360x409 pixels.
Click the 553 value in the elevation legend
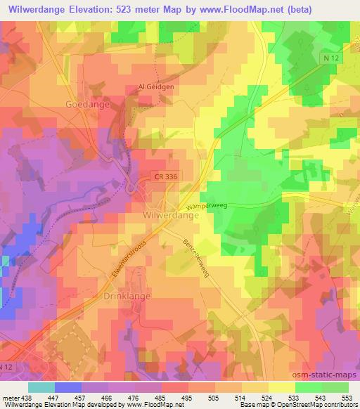point(348,397)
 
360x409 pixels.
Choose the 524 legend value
point(268,397)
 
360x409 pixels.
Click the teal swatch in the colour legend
point(41,387)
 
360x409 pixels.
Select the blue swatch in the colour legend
point(68,387)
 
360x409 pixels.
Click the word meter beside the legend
point(11,397)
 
